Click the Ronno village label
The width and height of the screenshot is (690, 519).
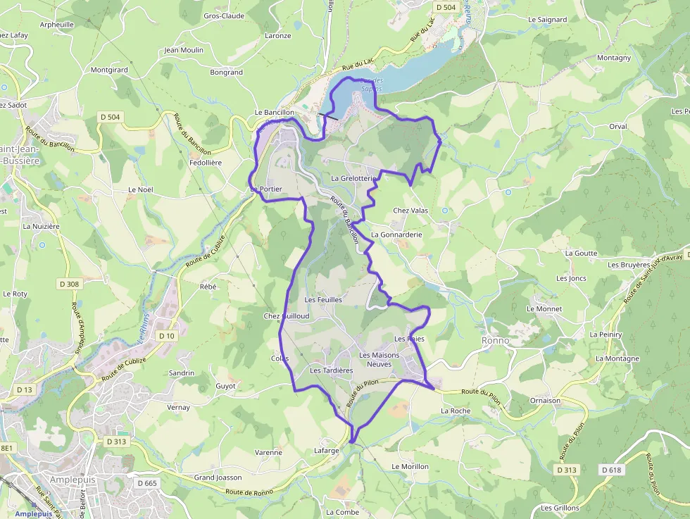click(496, 340)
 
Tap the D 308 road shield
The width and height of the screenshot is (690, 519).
click(69, 284)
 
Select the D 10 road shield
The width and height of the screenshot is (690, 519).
click(166, 336)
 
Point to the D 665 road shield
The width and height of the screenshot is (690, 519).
click(147, 483)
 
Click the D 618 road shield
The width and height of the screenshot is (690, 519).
click(612, 470)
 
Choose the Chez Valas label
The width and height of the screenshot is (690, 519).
click(410, 211)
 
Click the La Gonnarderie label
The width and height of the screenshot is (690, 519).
click(396, 235)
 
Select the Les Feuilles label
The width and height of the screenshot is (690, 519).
click(322, 299)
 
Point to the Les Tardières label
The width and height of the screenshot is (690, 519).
click(331, 370)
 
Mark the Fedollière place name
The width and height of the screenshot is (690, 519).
click(206, 163)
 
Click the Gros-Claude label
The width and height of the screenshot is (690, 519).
click(224, 15)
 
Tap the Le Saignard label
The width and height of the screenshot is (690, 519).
click(547, 20)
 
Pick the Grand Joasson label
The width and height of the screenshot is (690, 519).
click(218, 477)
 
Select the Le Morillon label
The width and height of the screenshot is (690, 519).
click(410, 467)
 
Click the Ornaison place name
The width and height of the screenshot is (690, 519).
click(545, 401)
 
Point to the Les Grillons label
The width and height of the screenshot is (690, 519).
click(560, 508)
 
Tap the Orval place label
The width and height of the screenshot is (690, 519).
click(617, 127)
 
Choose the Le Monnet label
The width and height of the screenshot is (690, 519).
click(544, 309)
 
